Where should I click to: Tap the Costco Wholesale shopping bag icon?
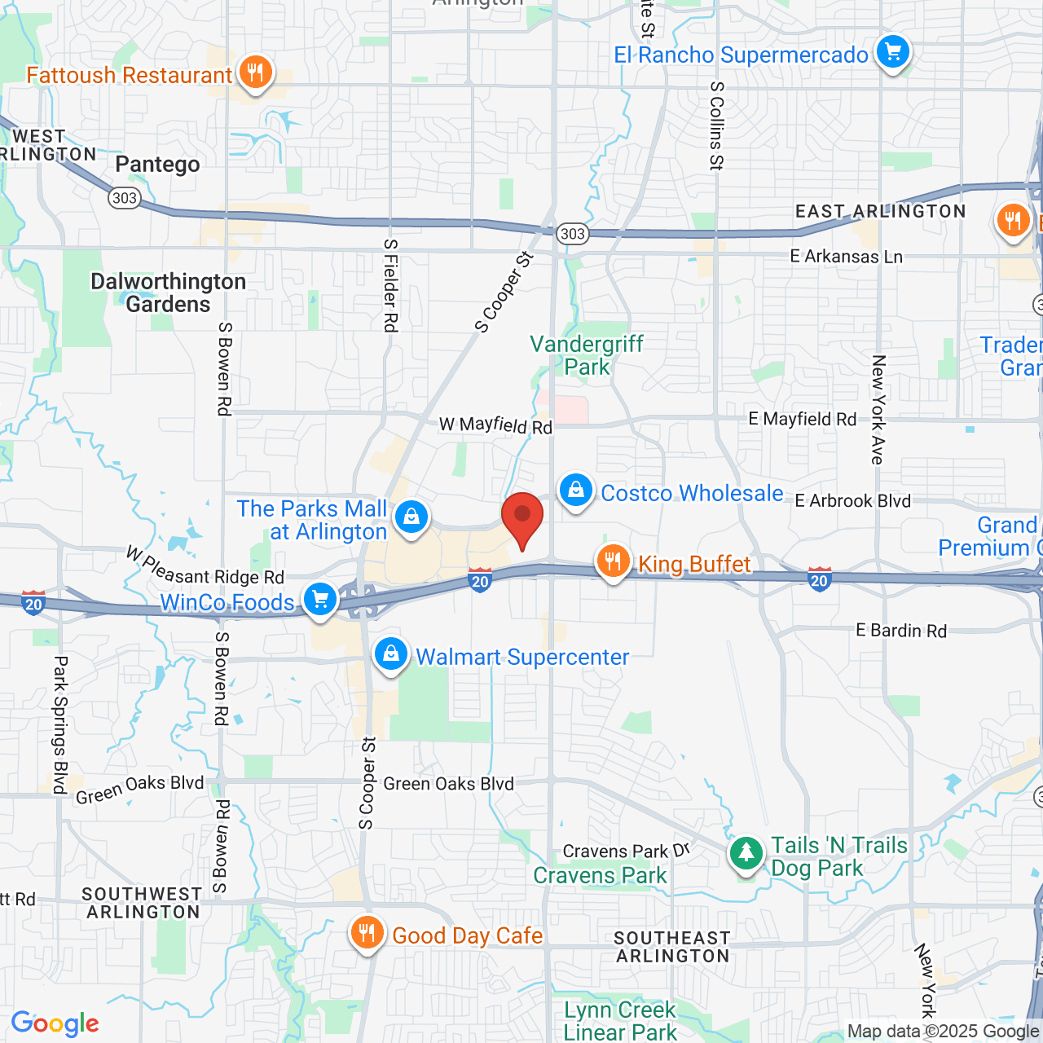pyautogui.click(x=576, y=491)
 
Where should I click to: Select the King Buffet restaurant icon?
pyautogui.click(x=613, y=561)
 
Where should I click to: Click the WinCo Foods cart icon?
pyautogui.click(x=320, y=601)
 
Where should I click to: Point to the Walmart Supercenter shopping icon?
pyautogui.click(x=391, y=654)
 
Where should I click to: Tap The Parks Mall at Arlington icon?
pyautogui.click(x=411, y=517)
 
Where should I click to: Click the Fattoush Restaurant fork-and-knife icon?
pyautogui.click(x=255, y=73)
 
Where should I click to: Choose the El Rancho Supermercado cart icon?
pyautogui.click(x=892, y=53)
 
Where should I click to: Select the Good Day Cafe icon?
pyautogui.click(x=367, y=934)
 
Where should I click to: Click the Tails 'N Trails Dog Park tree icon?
pyautogui.click(x=746, y=854)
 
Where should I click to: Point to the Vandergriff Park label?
pyautogui.click(x=587, y=355)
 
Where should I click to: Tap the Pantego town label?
pyautogui.click(x=157, y=165)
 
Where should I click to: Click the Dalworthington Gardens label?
pyautogui.click(x=168, y=293)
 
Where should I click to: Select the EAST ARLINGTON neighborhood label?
pyautogui.click(x=880, y=212)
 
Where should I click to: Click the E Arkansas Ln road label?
pyautogui.click(x=846, y=257)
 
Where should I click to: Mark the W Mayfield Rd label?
pyautogui.click(x=495, y=425)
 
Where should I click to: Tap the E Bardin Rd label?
pyautogui.click(x=901, y=631)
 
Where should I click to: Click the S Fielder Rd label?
pyautogui.click(x=390, y=285)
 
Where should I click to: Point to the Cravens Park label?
pyautogui.click(x=600, y=876)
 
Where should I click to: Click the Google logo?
pyautogui.click(x=55, y=1023)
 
